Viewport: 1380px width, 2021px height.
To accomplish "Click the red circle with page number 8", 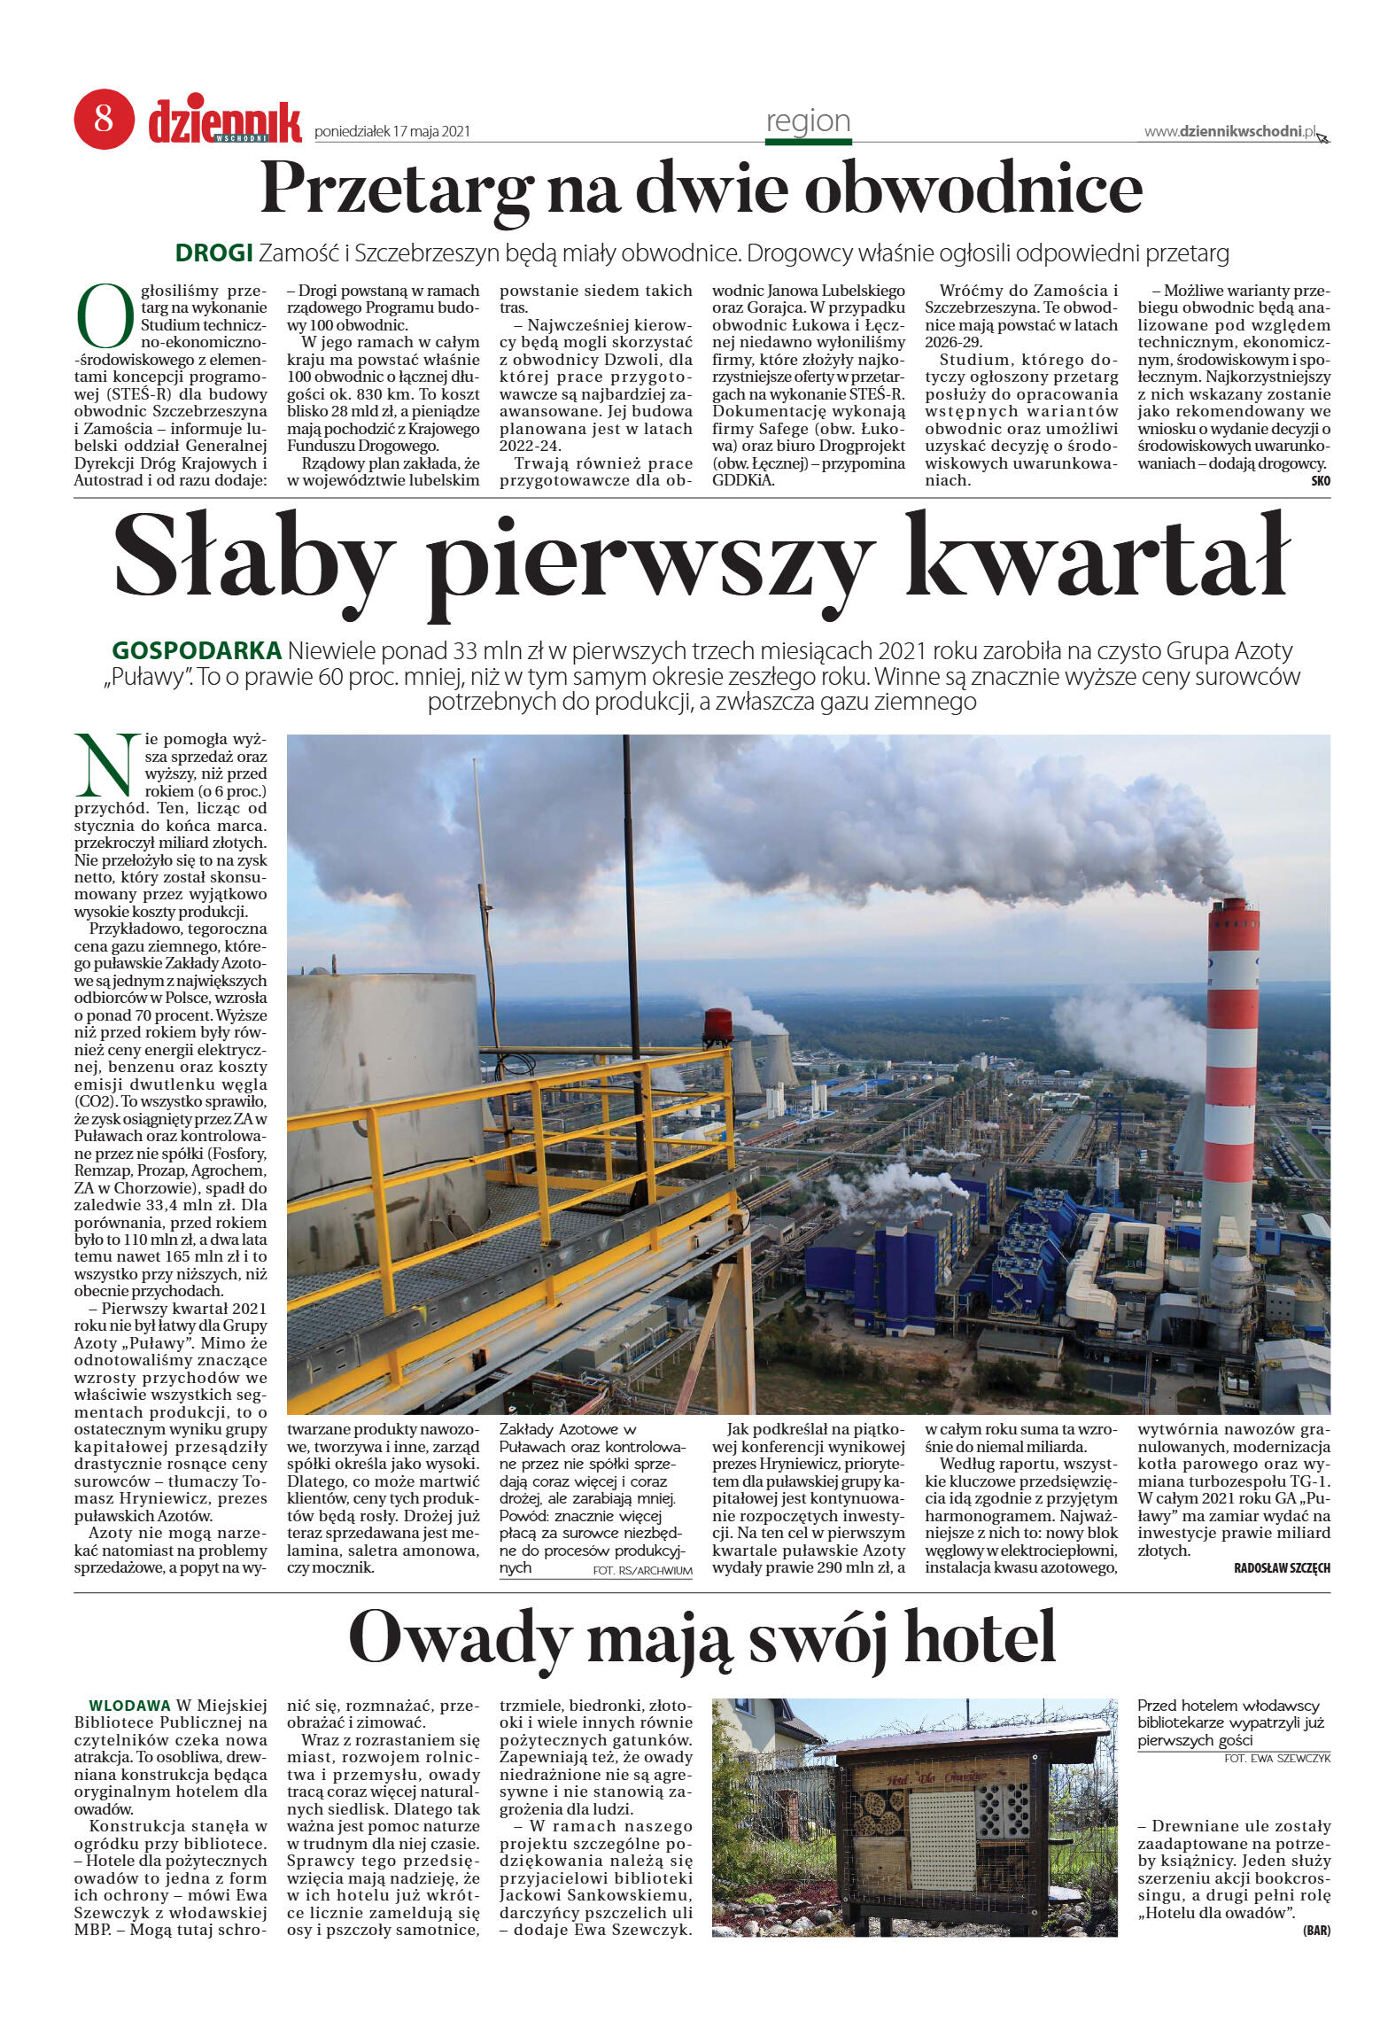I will (x=104, y=119).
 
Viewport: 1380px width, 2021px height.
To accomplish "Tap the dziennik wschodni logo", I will (x=225, y=122).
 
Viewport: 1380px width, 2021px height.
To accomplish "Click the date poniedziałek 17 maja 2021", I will (x=392, y=132).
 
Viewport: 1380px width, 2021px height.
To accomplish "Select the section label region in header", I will (x=808, y=121).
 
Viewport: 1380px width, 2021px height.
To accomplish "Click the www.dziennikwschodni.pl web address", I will (x=1229, y=132).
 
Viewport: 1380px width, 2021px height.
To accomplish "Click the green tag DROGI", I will (x=213, y=253).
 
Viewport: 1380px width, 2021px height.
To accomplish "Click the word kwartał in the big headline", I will (x=1097, y=557).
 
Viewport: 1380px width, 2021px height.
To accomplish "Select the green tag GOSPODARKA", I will (x=197, y=650).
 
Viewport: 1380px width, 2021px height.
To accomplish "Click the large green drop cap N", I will (x=107, y=765).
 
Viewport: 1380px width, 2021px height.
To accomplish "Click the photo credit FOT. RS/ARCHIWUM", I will (x=641, y=1571).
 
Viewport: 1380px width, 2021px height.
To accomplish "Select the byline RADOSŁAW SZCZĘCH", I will (x=1281, y=1568).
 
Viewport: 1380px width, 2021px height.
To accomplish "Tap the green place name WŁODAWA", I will (x=129, y=1706).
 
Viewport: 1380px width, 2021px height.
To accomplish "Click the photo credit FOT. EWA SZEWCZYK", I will (x=1276, y=1759).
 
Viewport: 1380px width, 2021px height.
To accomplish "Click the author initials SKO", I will (x=1320, y=481).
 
